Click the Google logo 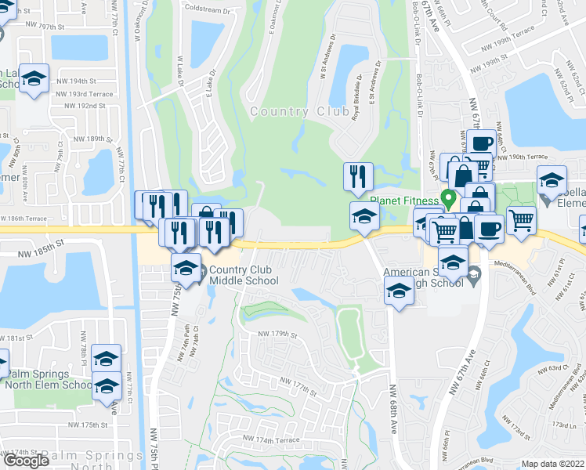(x=26, y=460)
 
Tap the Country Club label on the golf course (x=299, y=112)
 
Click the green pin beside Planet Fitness (x=448, y=198)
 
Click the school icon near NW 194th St (x=34, y=79)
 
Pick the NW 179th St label (x=279, y=334)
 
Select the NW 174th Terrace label (x=270, y=439)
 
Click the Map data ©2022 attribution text (x=553, y=464)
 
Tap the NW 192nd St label (x=85, y=105)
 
